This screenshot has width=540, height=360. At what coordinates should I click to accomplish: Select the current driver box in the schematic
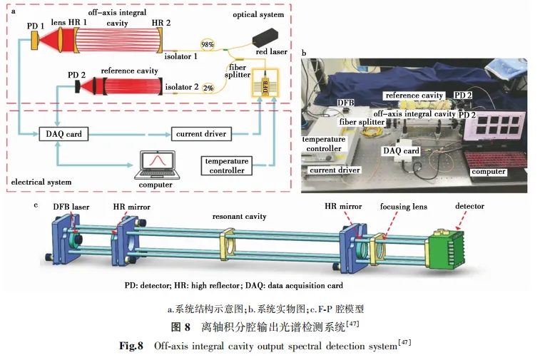(200, 134)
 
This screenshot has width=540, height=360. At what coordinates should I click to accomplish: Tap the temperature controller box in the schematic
(228, 165)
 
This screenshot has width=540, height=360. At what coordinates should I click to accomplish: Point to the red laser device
(270, 44)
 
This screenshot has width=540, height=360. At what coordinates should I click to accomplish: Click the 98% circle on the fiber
(208, 44)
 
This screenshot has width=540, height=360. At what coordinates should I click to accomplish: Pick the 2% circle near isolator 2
(208, 88)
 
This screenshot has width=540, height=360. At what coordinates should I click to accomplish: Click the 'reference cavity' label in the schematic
(129, 71)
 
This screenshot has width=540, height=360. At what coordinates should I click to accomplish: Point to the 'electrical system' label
(41, 182)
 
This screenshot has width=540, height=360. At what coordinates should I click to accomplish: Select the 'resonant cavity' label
(239, 215)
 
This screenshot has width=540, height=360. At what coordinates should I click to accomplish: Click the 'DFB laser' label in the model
(71, 207)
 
